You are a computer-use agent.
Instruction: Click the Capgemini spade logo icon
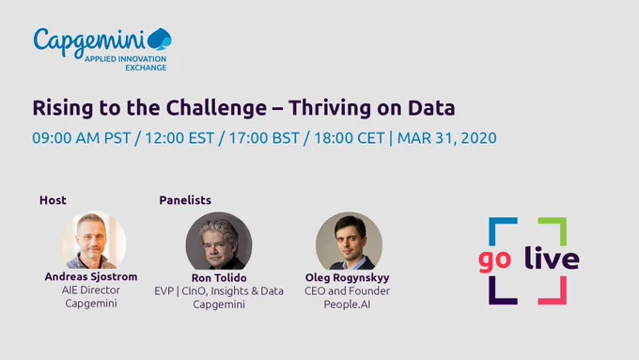tap(160, 39)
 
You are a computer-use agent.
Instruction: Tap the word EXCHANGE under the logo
tap(146, 68)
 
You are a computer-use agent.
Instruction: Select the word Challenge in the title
tap(216, 108)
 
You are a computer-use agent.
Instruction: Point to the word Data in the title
tap(431, 108)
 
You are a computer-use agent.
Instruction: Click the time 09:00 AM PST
tap(82, 138)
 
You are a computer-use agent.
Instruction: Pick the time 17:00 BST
tap(264, 138)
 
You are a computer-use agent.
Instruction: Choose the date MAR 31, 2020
tap(447, 138)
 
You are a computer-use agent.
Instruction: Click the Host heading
tap(53, 200)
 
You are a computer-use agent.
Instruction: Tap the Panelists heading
tap(185, 200)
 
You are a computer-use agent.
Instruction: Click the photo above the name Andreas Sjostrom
tap(93, 240)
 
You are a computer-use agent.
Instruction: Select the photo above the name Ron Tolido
tap(219, 241)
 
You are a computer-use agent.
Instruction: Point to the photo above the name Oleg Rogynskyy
tap(349, 241)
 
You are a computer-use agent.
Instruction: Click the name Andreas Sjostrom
tap(91, 276)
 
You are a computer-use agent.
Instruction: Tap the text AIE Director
tap(91, 290)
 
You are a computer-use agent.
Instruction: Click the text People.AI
tap(347, 305)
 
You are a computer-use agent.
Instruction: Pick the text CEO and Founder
tap(347, 291)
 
